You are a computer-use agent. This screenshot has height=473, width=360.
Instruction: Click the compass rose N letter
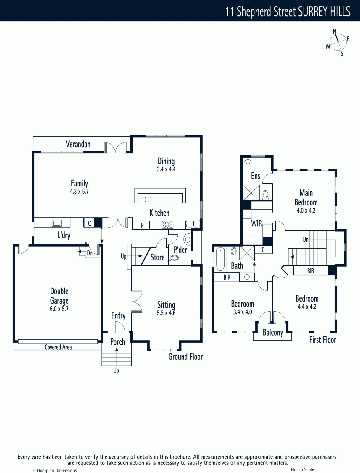(x=334, y=31)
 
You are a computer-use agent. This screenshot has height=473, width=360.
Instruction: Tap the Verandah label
(x=78, y=144)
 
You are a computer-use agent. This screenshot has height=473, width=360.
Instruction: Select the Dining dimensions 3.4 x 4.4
(x=166, y=169)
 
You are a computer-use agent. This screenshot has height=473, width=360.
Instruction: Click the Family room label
(x=79, y=183)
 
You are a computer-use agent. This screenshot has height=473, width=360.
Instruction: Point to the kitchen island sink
(x=148, y=199)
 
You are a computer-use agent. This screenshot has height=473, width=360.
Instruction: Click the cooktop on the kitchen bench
(x=168, y=225)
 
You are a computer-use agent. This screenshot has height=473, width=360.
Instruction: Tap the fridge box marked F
(x=193, y=223)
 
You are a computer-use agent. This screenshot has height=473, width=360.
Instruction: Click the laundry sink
(x=56, y=223)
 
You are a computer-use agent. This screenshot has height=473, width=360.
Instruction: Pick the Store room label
(x=157, y=257)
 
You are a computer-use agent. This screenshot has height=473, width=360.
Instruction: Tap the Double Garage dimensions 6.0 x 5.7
(x=59, y=309)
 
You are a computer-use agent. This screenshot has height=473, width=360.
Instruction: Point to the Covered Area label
(x=58, y=347)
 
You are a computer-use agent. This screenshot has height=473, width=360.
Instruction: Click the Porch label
(x=117, y=342)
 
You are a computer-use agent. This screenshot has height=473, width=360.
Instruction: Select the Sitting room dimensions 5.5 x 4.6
(x=166, y=313)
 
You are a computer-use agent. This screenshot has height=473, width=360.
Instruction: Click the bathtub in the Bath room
(x=220, y=259)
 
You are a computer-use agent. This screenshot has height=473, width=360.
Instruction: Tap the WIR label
(x=256, y=224)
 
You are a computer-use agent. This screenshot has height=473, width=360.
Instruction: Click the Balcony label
(x=273, y=333)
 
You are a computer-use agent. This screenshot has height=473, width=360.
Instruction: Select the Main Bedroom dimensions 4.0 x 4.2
(x=306, y=210)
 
